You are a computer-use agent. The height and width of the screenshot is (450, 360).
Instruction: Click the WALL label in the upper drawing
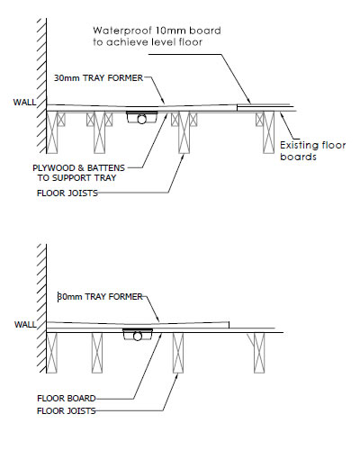[x=24, y=103]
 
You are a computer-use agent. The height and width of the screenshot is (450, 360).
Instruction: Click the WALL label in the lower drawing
[x=25, y=325]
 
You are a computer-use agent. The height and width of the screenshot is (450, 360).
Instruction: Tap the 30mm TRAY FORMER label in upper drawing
[x=98, y=78]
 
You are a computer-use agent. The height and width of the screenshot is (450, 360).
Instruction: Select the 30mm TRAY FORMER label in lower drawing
[x=100, y=297]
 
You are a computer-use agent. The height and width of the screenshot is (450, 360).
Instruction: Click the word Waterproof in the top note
[x=122, y=31]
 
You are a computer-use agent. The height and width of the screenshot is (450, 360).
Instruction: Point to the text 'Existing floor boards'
[x=313, y=151]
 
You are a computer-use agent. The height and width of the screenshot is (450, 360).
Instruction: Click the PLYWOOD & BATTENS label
[x=78, y=167]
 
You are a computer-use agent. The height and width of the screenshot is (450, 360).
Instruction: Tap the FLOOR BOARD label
[x=67, y=399]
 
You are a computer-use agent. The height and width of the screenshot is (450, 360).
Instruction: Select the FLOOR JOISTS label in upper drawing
[x=67, y=193]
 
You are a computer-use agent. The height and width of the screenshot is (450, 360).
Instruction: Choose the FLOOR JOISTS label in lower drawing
[x=67, y=410]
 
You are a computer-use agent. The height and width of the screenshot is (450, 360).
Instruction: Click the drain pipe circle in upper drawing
[x=141, y=120]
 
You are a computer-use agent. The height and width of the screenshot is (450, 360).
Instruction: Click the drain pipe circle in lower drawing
[x=138, y=337]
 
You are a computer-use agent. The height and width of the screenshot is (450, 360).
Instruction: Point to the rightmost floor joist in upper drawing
[x=268, y=132]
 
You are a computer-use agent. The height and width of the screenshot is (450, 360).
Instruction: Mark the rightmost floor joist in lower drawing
[x=259, y=353]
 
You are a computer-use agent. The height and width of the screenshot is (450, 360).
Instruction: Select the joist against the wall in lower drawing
[x=51, y=353]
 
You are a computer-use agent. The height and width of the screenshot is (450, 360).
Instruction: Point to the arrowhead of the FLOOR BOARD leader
[x=161, y=334]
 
